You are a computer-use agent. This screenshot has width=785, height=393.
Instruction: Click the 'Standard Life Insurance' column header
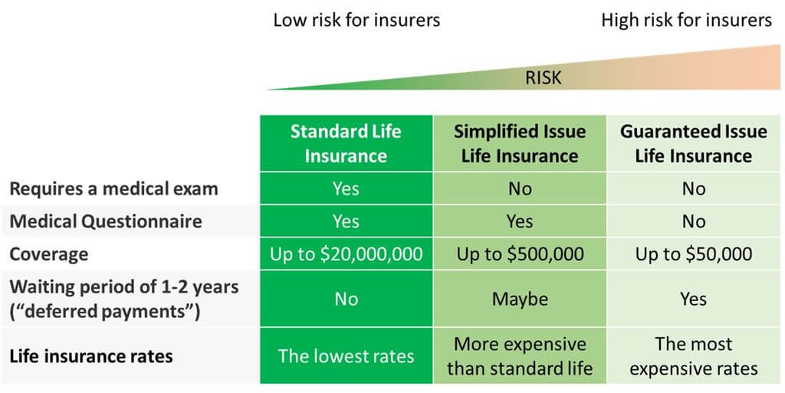tap(346, 143)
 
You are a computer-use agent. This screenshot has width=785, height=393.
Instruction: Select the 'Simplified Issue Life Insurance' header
tap(520, 143)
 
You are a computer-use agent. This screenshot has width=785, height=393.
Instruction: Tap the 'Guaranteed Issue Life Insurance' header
tap(694, 143)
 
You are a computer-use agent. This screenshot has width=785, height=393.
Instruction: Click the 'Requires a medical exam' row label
tap(113, 188)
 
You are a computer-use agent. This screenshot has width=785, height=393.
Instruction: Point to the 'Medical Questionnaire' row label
tap(106, 221)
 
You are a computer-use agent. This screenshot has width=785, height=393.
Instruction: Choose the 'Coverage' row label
tap(48, 254)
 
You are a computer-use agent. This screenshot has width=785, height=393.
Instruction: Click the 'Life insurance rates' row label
tap(91, 356)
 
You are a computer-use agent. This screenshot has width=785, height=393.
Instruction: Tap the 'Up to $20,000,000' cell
tap(346, 254)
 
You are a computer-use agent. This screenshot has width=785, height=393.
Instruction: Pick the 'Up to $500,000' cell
tap(520, 254)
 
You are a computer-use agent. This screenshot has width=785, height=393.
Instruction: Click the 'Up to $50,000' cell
tap(694, 254)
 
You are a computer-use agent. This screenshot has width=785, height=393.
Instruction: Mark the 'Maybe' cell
tap(520, 299)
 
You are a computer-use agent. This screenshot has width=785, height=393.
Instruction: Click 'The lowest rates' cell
tap(346, 356)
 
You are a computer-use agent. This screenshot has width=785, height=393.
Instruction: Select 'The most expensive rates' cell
tap(694, 356)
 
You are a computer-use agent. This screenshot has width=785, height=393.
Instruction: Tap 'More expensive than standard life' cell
tap(520, 356)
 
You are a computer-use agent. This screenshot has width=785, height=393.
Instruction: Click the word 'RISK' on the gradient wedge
tap(543, 77)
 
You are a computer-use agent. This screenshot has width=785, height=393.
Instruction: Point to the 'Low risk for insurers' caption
tap(356, 20)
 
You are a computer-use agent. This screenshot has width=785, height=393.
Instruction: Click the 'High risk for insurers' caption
tap(686, 20)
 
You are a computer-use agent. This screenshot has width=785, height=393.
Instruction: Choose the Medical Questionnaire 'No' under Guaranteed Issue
tap(694, 221)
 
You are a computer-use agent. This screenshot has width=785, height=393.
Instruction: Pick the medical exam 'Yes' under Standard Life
tap(346, 188)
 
